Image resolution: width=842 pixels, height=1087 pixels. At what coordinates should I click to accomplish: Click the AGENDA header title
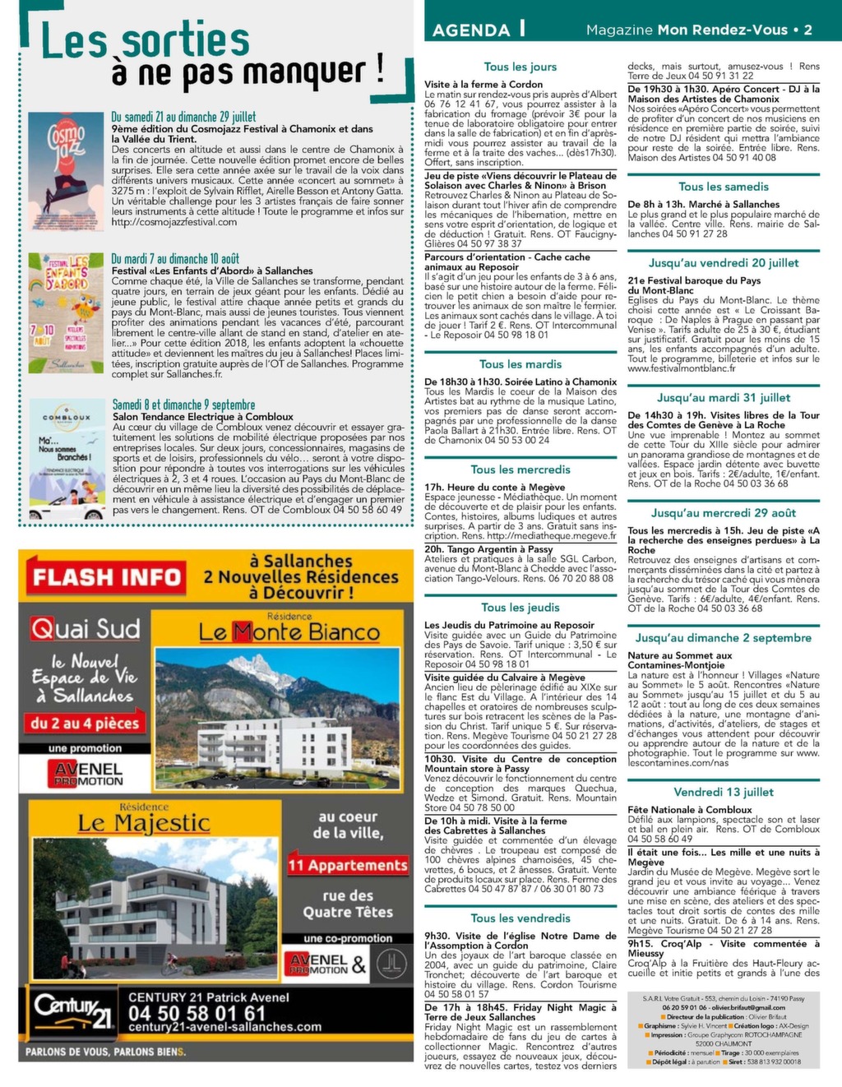coord(471,30)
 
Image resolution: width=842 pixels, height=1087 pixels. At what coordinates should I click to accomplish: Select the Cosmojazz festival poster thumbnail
coord(66,171)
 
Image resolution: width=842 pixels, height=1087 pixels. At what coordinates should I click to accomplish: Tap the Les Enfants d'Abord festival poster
coord(66,313)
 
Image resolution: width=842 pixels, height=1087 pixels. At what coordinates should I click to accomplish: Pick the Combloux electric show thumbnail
coord(66,458)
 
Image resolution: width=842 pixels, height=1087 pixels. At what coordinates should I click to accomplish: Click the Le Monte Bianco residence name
coord(289,632)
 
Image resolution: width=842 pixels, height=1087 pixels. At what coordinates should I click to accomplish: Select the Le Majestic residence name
coord(144,823)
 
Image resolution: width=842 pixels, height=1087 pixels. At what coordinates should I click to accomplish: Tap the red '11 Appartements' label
coord(348,865)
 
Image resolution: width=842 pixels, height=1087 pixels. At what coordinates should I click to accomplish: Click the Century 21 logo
coord(72,1010)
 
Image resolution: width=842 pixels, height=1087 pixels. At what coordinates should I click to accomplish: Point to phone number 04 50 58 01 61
coord(197,1013)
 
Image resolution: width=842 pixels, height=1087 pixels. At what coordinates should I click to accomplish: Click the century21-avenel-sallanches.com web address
coord(224,1027)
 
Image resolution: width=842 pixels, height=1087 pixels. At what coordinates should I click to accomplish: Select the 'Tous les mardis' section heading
coord(520,364)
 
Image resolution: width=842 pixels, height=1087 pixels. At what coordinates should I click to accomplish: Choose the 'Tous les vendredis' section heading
coord(520,918)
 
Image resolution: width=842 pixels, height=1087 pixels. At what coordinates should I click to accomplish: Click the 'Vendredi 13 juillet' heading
coord(724,792)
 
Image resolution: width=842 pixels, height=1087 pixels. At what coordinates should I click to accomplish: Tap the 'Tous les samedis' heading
coord(724,187)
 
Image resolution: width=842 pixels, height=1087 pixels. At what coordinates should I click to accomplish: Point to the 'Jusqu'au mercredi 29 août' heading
coord(724,513)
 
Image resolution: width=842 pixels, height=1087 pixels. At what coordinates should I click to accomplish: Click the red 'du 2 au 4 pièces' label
coord(85,724)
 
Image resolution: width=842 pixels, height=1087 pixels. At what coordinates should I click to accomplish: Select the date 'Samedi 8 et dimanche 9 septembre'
coord(183,405)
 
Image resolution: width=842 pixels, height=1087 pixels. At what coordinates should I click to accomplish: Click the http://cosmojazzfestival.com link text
coord(174,222)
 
